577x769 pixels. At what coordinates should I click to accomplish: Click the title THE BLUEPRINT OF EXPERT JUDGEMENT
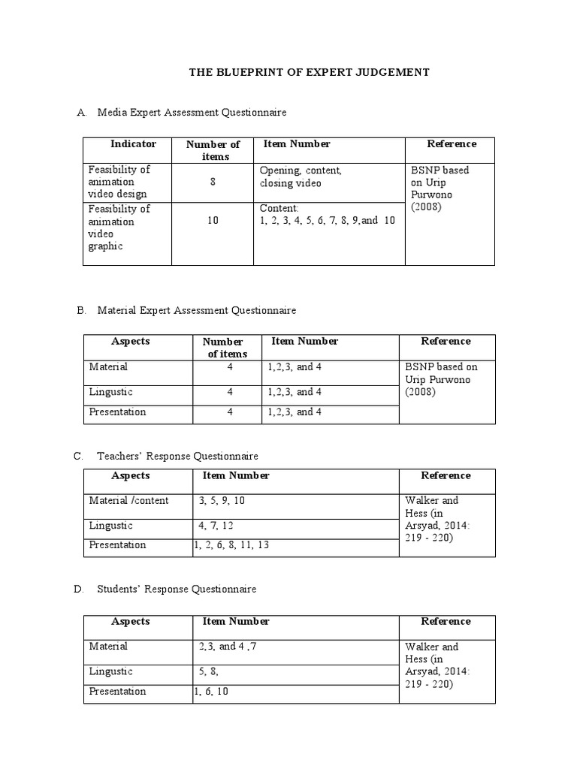[x=308, y=72]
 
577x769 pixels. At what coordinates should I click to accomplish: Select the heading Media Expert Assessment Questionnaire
[x=192, y=113]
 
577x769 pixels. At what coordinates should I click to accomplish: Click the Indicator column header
[x=133, y=144]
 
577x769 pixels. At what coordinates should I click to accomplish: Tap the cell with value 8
[x=213, y=181]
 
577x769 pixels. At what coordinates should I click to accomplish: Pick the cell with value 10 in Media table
[x=213, y=221]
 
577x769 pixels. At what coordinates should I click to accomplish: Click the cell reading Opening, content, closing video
[x=301, y=176]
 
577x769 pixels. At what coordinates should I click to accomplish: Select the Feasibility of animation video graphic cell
[x=119, y=228]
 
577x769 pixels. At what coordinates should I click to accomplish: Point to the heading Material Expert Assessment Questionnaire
[x=196, y=310]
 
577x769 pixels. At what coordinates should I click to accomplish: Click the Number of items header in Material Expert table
[x=223, y=348]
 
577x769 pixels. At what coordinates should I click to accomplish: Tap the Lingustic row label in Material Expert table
[x=110, y=392]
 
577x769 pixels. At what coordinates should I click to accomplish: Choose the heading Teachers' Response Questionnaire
[x=177, y=456]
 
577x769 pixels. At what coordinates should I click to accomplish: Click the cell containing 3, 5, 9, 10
[x=222, y=501]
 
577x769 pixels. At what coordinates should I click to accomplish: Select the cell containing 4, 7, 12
[x=217, y=526]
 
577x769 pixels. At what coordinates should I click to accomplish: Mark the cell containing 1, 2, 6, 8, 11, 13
[x=231, y=545]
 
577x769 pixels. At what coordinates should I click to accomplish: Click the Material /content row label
[x=128, y=501]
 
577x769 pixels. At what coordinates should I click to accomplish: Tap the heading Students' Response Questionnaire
[x=177, y=589]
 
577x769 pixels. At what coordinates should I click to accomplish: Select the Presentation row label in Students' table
[x=117, y=692]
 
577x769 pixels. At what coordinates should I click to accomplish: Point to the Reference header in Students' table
[x=446, y=622]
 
